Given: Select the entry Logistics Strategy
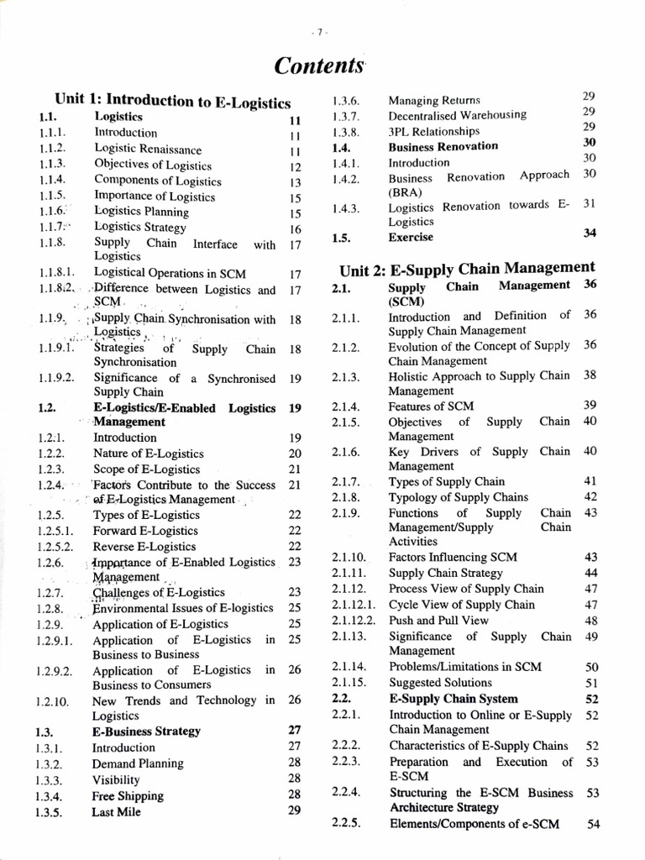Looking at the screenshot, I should point(139,228).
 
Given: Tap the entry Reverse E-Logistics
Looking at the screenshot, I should point(144,547).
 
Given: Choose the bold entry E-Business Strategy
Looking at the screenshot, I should point(146,731).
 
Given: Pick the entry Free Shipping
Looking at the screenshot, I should point(128,795).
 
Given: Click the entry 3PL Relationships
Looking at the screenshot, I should point(433,131).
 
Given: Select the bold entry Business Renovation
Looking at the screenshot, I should point(443,146).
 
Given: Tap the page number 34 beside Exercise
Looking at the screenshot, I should point(589,233).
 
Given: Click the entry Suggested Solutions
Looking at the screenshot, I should point(440,683).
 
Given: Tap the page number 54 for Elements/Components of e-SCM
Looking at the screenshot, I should point(593,825).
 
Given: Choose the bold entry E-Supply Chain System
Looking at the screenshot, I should point(454,699).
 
